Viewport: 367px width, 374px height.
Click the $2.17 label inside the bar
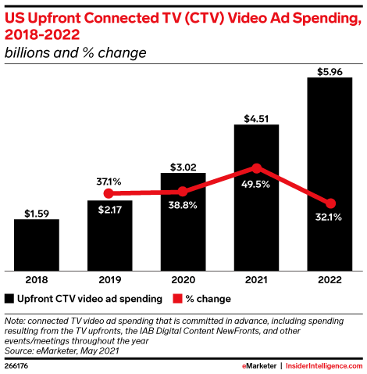pyautogui.click(x=109, y=209)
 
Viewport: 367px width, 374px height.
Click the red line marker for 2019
pyautogui.click(x=109, y=193)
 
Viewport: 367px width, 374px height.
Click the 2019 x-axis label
pyautogui.click(x=109, y=279)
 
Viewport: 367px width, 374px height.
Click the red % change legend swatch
pyautogui.click(x=178, y=299)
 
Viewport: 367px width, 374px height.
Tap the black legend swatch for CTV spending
pyautogui.click(x=9, y=299)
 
